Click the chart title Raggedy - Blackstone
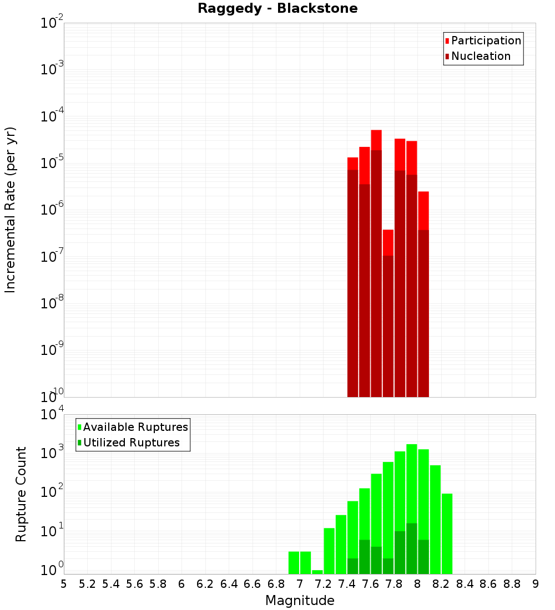pyautogui.click(x=277, y=8)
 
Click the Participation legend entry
pyautogui.click(x=486, y=40)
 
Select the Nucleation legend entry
pyautogui.click(x=481, y=56)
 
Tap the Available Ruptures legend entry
pyautogui.click(x=135, y=427)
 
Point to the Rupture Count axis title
pyautogui.click(x=21, y=494)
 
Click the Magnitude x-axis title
pyautogui.click(x=300, y=601)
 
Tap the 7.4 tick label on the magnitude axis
pyautogui.click(x=347, y=584)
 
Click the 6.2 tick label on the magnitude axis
pyautogui.click(x=205, y=584)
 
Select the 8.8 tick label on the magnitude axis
pyautogui.click(x=512, y=584)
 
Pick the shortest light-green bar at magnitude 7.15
pyautogui.click(x=317, y=572)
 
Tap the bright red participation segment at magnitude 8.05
pyautogui.click(x=423, y=210)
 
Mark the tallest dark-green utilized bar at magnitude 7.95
pyautogui.click(x=411, y=548)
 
